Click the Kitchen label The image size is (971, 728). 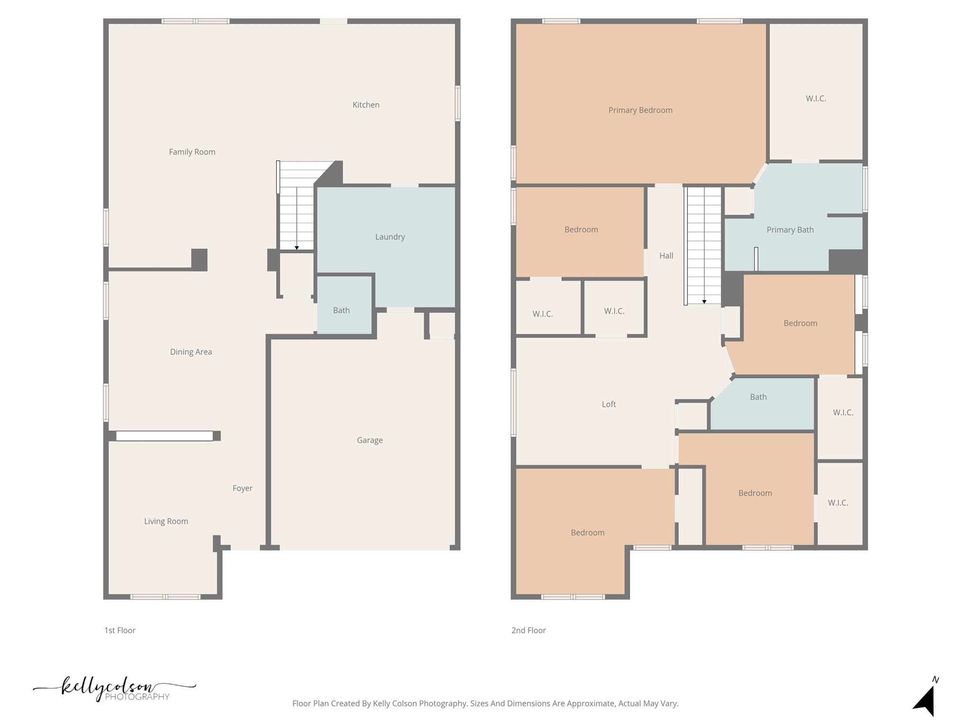pyautogui.click(x=366, y=105)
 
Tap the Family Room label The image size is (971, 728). pyautogui.click(x=192, y=152)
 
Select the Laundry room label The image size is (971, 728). pyautogui.click(x=390, y=237)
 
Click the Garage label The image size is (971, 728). pyautogui.click(x=370, y=440)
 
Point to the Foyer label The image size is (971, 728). pyautogui.click(x=242, y=488)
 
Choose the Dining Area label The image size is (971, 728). pyautogui.click(x=191, y=352)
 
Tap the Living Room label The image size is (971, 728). pyautogui.click(x=166, y=521)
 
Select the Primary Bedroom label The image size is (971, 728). pyautogui.click(x=641, y=110)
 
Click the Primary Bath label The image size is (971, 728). pyautogui.click(x=790, y=230)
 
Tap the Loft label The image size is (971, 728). pyautogui.click(x=609, y=404)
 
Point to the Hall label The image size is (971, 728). pyautogui.click(x=666, y=256)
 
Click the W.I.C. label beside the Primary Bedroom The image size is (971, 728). pyautogui.click(x=815, y=99)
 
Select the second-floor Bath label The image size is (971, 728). pyautogui.click(x=758, y=397)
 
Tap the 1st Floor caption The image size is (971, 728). pyautogui.click(x=120, y=630)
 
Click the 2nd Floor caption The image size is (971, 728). pyautogui.click(x=529, y=630)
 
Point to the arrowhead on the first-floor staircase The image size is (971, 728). pyautogui.click(x=297, y=248)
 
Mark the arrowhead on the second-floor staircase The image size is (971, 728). pyautogui.click(x=704, y=302)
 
